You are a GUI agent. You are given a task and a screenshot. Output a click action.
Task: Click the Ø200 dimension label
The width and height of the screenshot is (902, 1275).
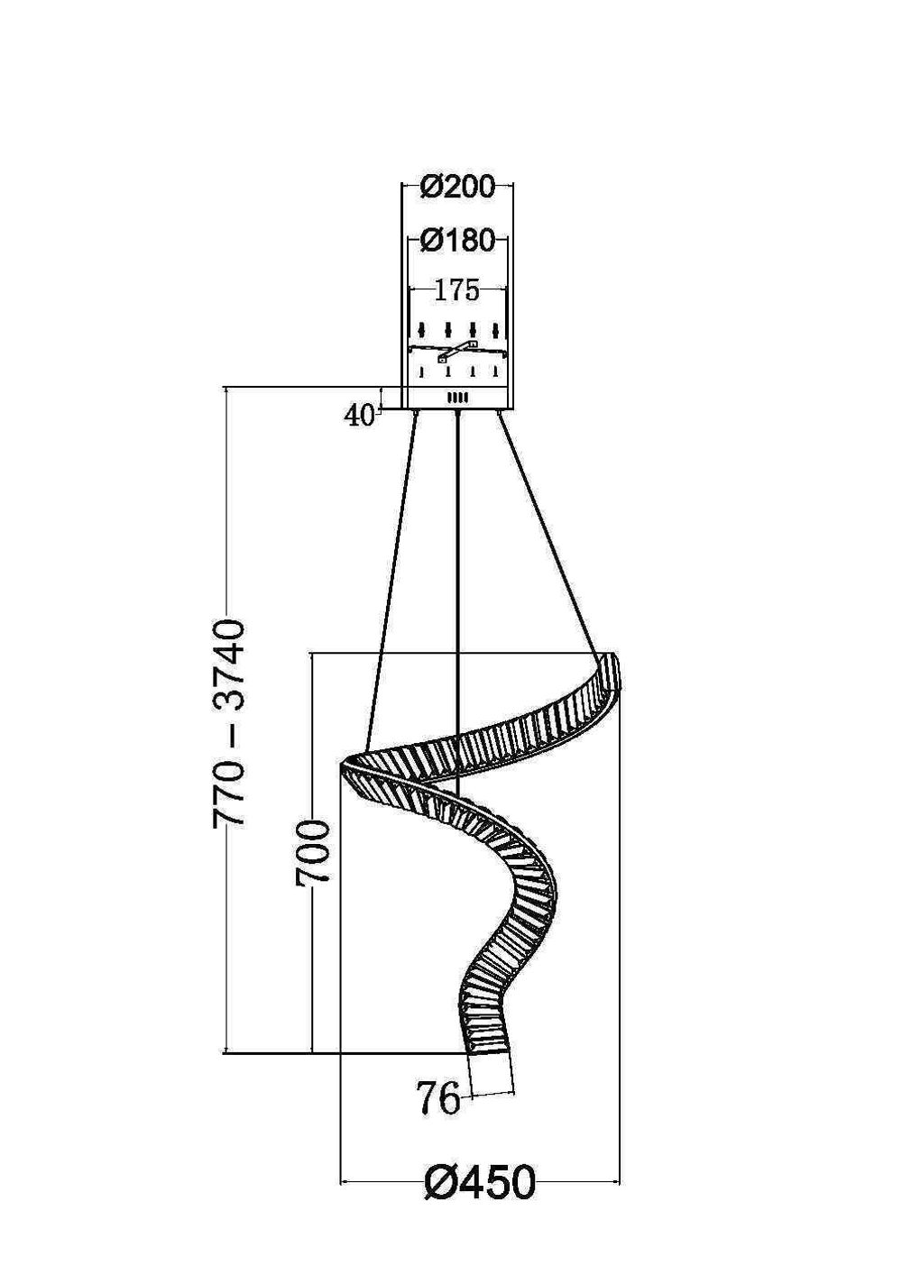[457, 187]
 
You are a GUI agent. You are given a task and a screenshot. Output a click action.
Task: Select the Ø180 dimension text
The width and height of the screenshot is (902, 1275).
[457, 241]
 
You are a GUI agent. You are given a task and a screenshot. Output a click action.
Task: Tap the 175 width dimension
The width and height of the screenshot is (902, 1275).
[457, 290]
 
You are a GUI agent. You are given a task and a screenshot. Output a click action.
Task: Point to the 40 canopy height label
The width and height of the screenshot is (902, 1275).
[359, 415]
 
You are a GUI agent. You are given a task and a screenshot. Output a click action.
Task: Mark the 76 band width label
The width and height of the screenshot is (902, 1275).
[437, 1099]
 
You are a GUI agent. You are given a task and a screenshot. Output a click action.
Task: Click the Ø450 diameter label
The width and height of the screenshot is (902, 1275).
[479, 1182]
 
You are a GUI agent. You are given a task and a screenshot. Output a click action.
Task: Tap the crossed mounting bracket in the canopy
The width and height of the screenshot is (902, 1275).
[457, 350]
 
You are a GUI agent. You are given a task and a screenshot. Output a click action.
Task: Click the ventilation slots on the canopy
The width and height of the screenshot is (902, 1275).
[457, 398]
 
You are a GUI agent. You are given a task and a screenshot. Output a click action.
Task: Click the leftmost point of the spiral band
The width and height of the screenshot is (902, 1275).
[344, 765]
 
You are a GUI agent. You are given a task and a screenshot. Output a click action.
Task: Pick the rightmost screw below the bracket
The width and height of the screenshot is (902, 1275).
[495, 371]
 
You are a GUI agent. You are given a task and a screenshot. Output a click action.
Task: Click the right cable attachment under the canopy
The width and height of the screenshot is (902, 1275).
[499, 413]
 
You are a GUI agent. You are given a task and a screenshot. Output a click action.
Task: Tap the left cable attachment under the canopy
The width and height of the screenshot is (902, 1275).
[416, 413]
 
